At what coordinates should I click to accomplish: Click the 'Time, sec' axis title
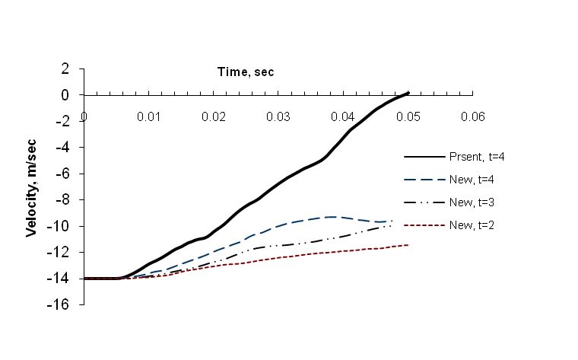(x=242, y=72)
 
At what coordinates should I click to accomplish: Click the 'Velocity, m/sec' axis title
(x=32, y=186)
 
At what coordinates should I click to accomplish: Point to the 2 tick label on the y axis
(x=66, y=68)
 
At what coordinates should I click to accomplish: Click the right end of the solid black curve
(x=408, y=93)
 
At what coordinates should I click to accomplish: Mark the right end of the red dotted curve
(x=408, y=244)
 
